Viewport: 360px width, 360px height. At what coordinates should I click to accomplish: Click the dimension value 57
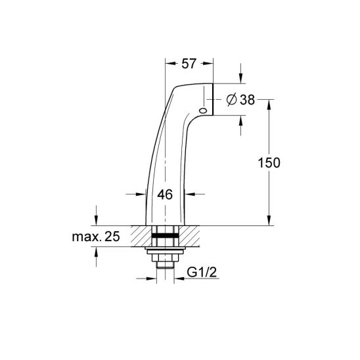(189, 64)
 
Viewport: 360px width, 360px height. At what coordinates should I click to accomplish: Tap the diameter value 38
(247, 100)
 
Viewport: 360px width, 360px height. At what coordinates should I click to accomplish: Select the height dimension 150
(269, 163)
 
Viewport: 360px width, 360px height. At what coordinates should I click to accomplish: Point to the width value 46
(165, 194)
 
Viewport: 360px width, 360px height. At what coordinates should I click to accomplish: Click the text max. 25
(96, 236)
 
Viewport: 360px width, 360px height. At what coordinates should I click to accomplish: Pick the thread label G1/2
(202, 273)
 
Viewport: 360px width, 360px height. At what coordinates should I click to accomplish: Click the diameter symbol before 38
(231, 100)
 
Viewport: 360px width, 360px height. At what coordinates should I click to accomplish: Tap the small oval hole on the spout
(203, 110)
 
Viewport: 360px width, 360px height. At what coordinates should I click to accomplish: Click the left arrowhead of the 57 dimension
(170, 64)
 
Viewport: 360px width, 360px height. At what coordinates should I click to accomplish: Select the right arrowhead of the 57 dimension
(208, 64)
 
